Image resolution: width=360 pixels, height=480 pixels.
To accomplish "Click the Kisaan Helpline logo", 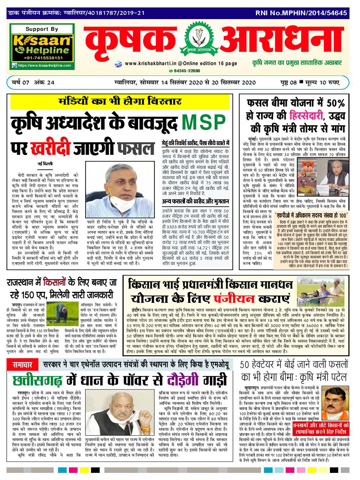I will tap(42, 47).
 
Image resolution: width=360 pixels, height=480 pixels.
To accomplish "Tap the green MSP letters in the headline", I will tap(204, 122).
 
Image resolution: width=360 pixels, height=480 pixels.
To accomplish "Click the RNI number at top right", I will tap(301, 13).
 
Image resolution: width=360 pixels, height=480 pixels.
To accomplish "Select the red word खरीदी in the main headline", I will tap(50, 148).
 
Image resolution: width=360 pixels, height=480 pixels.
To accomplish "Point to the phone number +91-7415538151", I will tap(43, 58).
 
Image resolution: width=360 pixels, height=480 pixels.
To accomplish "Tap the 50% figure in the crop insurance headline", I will tap(335, 103).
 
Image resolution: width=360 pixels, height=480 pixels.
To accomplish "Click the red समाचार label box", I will tap(22, 365).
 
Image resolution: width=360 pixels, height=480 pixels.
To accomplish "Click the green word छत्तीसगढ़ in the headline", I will tap(37, 381).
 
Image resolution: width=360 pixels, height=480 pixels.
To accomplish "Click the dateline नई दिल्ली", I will tap(45, 164).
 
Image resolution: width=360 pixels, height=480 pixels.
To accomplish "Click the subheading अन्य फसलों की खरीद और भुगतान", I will tap(195, 201).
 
